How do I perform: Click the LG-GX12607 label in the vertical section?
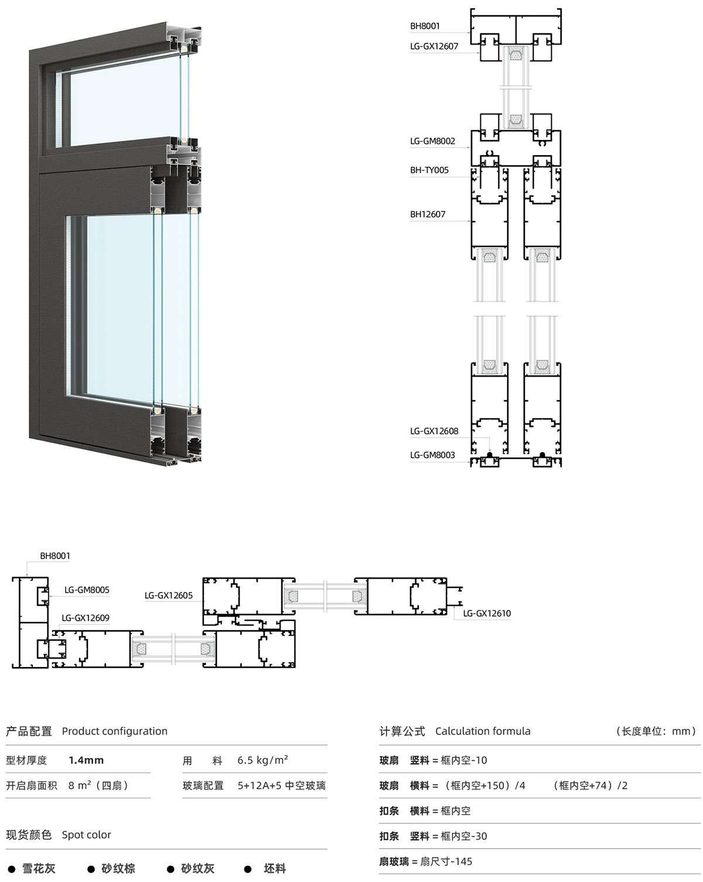coord(434,46)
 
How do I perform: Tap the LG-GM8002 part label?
coord(432,141)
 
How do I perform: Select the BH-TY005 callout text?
coord(429,170)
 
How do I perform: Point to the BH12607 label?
coord(428,214)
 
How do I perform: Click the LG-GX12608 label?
coord(434,431)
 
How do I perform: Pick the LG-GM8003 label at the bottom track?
coord(432,454)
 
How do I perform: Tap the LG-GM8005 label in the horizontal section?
coord(87,590)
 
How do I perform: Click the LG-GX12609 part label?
coord(86,618)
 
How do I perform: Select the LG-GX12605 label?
coord(169,595)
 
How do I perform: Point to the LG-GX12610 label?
coord(487,613)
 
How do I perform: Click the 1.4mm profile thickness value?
coord(86,760)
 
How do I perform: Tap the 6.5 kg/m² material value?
coord(263,760)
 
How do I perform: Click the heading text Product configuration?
coord(115,731)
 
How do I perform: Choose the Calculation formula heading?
coord(483,731)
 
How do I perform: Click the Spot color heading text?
coord(87,835)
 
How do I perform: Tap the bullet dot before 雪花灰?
coord(12,869)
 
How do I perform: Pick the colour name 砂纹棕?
coord(118,869)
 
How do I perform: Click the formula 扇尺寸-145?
coord(446,862)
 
